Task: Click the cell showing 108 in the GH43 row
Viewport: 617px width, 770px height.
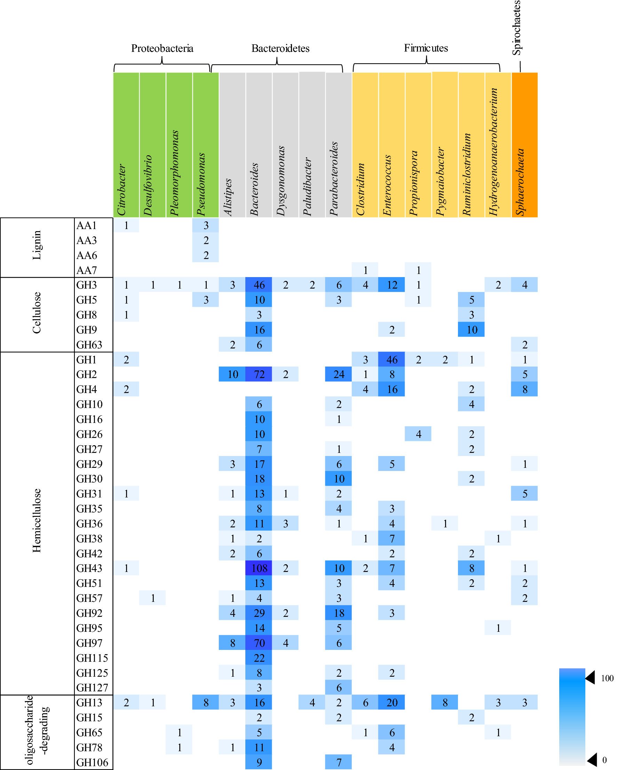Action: (259, 568)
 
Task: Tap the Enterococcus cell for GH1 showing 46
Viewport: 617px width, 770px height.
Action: (392, 359)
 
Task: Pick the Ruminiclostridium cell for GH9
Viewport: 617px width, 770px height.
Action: (471, 329)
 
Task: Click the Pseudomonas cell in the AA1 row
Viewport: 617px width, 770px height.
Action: (206, 225)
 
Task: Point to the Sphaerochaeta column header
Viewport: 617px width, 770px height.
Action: (524, 145)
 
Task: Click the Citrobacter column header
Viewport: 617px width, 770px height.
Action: (126, 145)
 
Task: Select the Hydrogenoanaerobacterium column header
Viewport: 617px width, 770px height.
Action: (498, 145)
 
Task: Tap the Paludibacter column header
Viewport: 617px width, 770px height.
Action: (312, 145)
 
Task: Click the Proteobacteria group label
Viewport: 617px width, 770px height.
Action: (162, 48)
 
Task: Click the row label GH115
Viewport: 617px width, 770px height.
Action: (92, 658)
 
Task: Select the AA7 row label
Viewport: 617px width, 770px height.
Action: (86, 270)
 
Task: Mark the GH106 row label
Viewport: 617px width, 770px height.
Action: (92, 762)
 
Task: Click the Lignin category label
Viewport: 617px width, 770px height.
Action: (37, 245)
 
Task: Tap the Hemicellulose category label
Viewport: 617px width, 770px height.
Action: (37, 520)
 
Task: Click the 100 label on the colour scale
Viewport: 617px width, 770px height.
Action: (607, 678)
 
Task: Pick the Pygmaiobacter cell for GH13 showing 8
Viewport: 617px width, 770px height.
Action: (445, 702)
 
